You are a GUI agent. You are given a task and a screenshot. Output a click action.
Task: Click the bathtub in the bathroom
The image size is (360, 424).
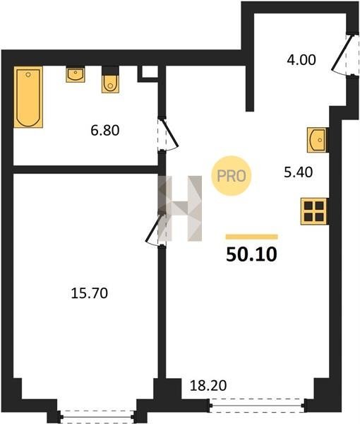[x=28, y=97]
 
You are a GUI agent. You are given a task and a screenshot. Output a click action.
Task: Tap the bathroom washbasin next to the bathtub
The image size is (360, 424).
[x=76, y=75]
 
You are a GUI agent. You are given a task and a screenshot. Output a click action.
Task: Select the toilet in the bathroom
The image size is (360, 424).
[x=110, y=80]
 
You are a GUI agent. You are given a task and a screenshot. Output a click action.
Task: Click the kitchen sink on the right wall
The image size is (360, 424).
[x=318, y=140]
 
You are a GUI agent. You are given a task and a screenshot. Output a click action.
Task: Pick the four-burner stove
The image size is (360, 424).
[x=314, y=211]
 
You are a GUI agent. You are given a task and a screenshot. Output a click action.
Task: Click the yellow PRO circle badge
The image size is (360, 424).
[x=232, y=176]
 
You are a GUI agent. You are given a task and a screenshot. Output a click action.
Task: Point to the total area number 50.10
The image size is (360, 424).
[x=251, y=254]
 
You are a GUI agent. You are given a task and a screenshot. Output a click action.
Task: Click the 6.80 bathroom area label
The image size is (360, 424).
[x=105, y=131]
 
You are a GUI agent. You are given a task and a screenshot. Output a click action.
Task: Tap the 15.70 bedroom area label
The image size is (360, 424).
[x=90, y=293]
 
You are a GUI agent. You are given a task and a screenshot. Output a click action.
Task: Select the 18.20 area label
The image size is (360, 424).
[x=208, y=385]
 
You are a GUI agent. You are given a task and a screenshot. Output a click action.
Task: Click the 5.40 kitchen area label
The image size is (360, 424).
[x=299, y=172]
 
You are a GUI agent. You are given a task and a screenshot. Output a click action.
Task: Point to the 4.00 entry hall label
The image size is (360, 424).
[x=301, y=60]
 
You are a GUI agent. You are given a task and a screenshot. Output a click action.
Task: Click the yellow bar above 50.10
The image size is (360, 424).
[x=252, y=237]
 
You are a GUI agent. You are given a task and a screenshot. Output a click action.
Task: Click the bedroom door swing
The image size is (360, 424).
[x=153, y=230]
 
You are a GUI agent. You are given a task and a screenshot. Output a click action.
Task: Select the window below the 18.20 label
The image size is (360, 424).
[x=258, y=406]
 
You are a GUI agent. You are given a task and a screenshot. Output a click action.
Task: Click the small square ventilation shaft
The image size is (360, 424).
[x=148, y=73]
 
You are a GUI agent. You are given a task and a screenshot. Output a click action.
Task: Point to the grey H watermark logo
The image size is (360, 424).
[x=180, y=208]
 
